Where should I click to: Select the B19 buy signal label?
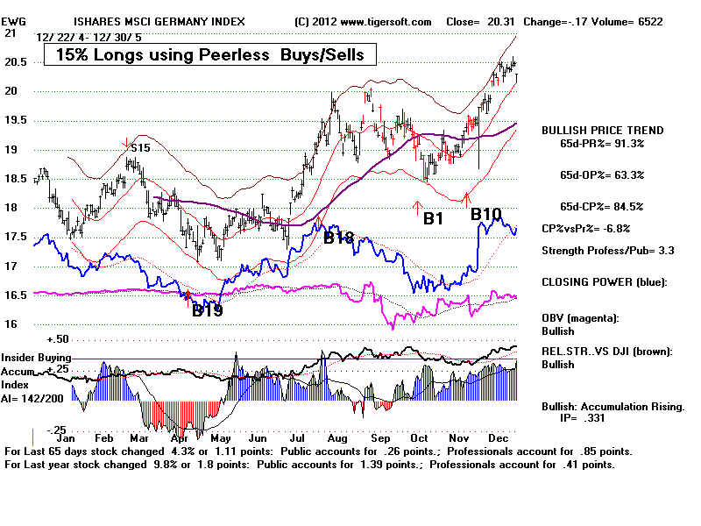click(x=209, y=309)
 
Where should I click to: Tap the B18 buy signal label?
click(x=341, y=237)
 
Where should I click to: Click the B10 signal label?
click(x=486, y=214)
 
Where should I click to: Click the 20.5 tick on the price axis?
click(x=15, y=61)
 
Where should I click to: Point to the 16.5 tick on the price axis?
click(x=15, y=295)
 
